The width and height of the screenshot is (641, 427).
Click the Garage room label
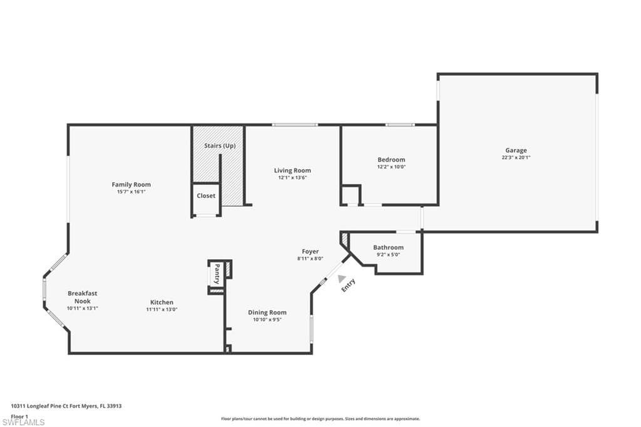tap(516, 150)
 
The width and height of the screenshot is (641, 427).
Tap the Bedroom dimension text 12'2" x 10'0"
tap(391, 167)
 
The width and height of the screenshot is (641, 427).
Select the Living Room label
tap(292, 170)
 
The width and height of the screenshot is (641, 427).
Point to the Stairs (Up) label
tap(220, 146)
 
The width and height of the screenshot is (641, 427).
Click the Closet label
tap(206, 195)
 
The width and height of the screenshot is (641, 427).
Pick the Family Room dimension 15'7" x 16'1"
tap(131, 192)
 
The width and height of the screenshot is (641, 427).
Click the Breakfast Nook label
tap(83, 297)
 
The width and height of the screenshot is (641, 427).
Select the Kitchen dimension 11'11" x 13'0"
tap(162, 310)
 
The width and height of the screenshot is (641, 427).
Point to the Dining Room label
tap(267, 312)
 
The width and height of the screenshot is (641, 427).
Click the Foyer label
tap(310, 252)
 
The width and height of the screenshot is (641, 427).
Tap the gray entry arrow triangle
tap(341, 279)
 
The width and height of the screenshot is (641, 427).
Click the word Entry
tap(348, 285)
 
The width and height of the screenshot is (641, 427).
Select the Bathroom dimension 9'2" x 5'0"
tap(388, 254)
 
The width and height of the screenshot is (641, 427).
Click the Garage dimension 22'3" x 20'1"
tap(516, 158)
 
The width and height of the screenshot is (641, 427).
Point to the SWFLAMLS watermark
tap(23, 422)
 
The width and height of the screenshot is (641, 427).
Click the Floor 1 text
tap(19, 416)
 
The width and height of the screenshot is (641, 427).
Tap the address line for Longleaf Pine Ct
tap(66, 406)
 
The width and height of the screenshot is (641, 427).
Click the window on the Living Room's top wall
tap(295, 125)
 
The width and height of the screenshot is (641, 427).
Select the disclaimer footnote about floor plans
tap(320, 419)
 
